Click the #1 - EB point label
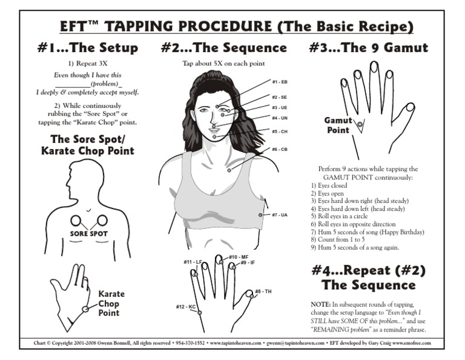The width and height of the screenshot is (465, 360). [x=279, y=82]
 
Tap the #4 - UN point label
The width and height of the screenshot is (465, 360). [x=279, y=118]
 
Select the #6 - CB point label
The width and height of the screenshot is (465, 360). [x=279, y=149]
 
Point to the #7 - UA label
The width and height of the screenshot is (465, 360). [x=279, y=215]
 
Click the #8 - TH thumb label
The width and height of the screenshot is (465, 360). [x=263, y=292]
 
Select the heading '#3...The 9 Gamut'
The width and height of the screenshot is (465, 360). [x=368, y=48]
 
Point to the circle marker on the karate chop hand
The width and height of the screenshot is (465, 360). [x=85, y=309]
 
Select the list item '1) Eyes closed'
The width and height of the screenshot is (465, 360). [x=329, y=185]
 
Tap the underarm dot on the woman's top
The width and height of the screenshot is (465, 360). [x=260, y=215]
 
